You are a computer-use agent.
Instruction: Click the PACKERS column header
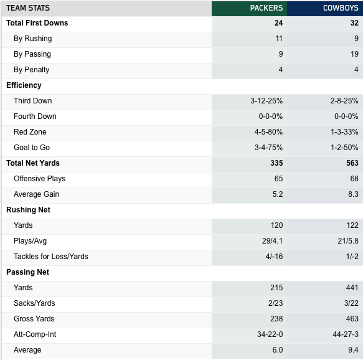(266, 8)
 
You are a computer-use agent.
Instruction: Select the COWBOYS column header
(341, 8)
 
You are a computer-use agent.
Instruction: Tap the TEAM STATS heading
(28, 8)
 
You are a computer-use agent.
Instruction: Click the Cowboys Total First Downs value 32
(354, 23)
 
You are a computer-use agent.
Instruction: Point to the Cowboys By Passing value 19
(354, 54)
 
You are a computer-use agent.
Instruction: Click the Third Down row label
(32, 101)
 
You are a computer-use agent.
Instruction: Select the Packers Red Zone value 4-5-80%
(268, 132)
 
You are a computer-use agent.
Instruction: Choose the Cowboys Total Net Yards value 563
(352, 163)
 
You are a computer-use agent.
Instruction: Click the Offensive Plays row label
(40, 179)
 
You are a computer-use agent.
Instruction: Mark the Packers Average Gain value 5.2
(278, 194)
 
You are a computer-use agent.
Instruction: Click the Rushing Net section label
(28, 210)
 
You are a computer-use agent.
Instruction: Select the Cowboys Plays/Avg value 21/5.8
(348, 241)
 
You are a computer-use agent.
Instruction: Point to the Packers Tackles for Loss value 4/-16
(275, 257)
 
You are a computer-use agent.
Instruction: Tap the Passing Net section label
(27, 272)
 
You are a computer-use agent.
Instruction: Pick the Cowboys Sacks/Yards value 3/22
(351, 303)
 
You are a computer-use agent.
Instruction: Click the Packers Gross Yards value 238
(276, 318)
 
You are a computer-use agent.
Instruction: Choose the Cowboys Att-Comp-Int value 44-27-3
(346, 334)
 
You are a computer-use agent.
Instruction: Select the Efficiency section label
(24, 85)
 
